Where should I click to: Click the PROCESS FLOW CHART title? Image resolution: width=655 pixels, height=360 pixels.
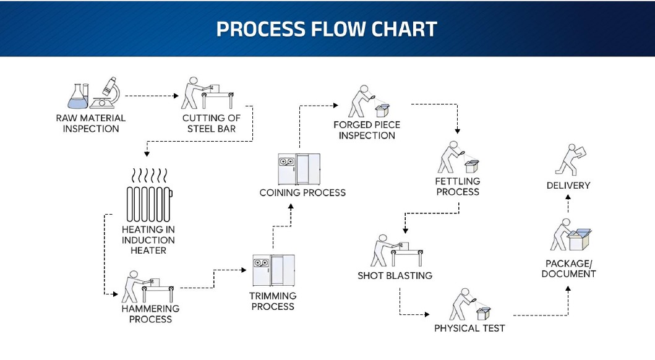click(x=327, y=29)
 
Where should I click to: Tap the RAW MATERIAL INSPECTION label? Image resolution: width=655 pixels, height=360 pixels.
click(x=90, y=123)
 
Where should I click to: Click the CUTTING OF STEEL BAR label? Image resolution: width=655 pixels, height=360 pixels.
click(x=211, y=123)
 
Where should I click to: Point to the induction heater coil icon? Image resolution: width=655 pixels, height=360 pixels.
click(x=148, y=203)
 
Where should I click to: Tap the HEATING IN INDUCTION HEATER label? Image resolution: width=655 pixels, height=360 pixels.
click(x=148, y=240)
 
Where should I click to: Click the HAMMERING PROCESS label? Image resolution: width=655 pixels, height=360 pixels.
click(x=150, y=314)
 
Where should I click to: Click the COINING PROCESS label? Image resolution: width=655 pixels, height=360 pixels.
click(x=302, y=192)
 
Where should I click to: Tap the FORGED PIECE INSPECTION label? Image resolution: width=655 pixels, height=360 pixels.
click(x=367, y=130)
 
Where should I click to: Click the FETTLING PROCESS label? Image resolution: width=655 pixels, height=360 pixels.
click(x=458, y=186)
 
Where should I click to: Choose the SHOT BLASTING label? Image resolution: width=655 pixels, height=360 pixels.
click(x=395, y=275)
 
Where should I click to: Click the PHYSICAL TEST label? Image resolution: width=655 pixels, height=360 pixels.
click(x=469, y=328)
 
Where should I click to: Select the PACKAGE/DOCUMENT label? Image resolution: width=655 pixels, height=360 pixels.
click(x=568, y=268)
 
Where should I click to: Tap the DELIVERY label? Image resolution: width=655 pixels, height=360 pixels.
click(x=568, y=185)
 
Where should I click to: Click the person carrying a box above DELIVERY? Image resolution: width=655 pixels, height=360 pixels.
click(x=570, y=158)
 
